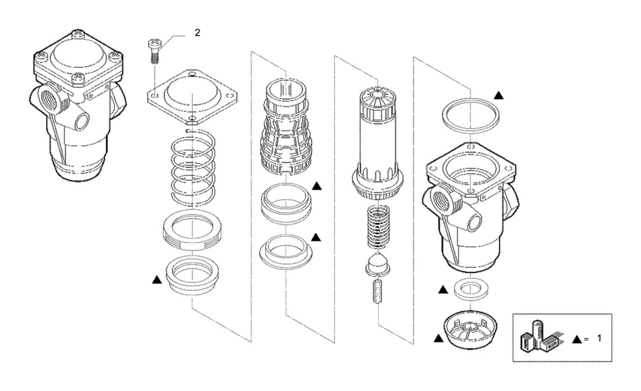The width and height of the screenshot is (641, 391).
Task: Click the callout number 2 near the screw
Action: (x=198, y=33)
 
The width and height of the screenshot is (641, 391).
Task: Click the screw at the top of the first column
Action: (x=154, y=51)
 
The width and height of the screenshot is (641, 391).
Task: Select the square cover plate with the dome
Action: (x=192, y=97)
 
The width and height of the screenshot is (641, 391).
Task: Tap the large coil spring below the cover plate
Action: (x=192, y=168)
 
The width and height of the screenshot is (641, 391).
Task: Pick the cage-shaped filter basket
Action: (x=286, y=126)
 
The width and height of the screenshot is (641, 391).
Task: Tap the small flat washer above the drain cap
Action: (x=470, y=288)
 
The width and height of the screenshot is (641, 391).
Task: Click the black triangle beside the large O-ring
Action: (x=498, y=95)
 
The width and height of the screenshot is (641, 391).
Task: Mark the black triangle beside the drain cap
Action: (x=438, y=338)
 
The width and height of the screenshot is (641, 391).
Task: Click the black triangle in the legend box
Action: (x=577, y=340)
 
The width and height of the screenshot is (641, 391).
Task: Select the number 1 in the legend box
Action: (x=599, y=338)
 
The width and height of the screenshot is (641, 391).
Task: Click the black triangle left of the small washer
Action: (x=443, y=290)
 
